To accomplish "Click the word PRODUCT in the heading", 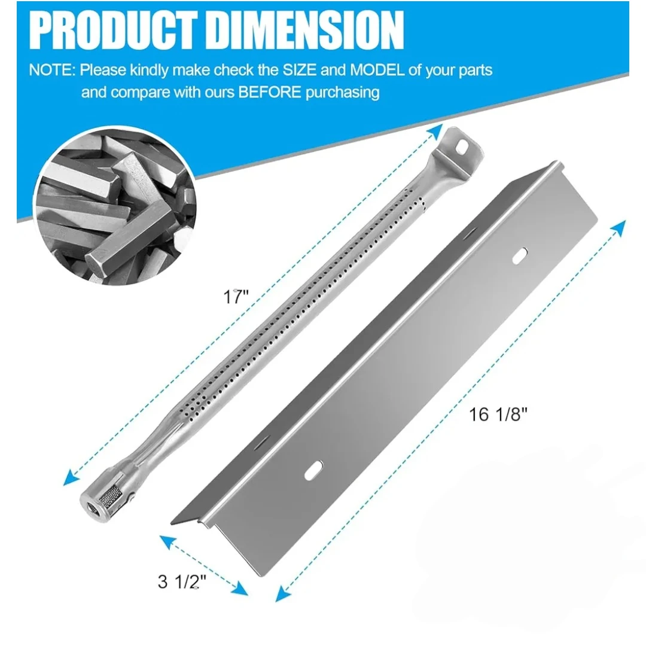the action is [x=112, y=31].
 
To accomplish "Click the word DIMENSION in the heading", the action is [x=306, y=31].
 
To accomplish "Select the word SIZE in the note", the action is [x=300, y=69].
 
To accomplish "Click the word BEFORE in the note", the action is [x=270, y=92].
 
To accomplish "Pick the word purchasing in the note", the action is [x=343, y=93].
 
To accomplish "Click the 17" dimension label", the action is [x=236, y=296].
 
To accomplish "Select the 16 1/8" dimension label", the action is [x=498, y=415].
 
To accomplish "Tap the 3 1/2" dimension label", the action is [x=182, y=582].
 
